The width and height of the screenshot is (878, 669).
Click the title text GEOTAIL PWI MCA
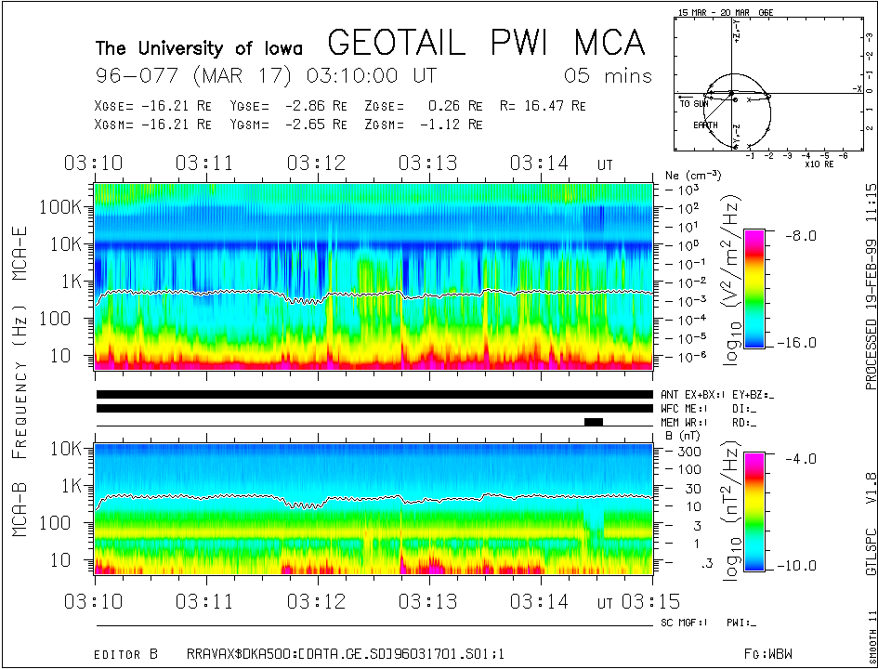(486, 43)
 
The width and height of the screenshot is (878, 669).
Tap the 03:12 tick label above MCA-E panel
(317, 163)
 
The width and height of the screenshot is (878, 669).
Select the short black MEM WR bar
(594, 422)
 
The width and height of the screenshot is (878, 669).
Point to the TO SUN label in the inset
(693, 104)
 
